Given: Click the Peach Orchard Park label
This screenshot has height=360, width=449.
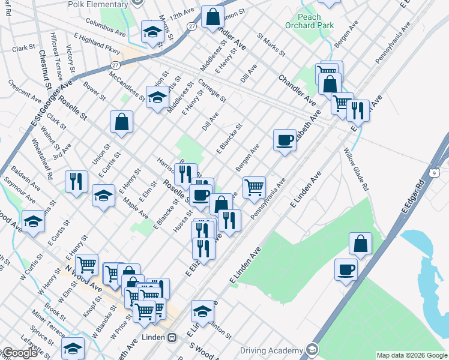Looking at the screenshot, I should point(310,22).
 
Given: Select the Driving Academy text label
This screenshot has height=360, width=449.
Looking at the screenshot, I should point(271,350).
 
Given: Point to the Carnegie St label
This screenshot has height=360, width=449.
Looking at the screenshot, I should point(212,91).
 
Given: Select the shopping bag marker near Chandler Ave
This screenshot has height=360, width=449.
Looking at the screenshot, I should point(212,18).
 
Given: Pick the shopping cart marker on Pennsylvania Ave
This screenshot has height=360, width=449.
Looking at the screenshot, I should point(255,187).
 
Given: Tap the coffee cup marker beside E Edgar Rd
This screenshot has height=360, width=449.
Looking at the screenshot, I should point(346,270).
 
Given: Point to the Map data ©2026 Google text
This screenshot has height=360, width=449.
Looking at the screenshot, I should point(412,355).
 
